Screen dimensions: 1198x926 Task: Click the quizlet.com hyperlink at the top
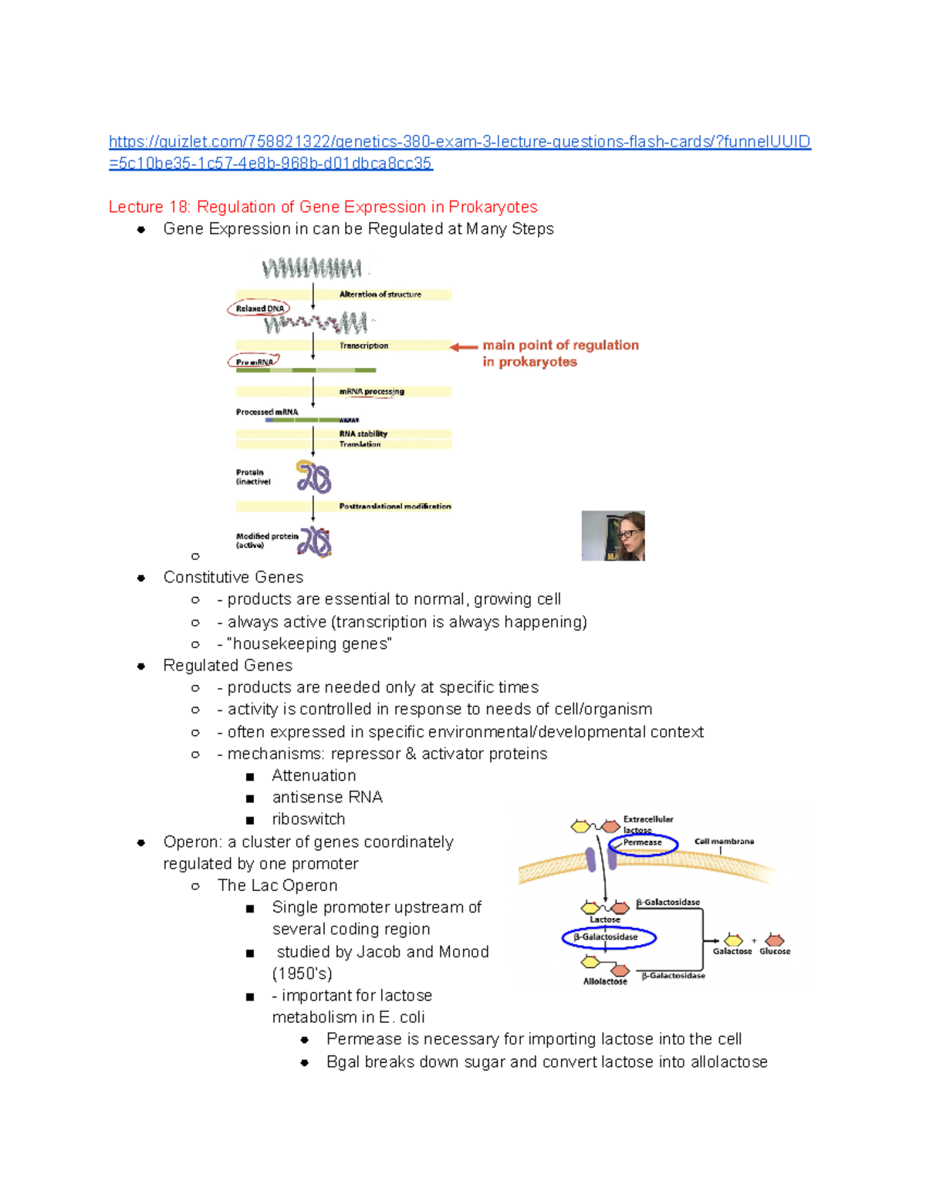pyautogui.click(x=459, y=142)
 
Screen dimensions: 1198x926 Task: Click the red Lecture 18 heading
pyautogui.click(x=323, y=207)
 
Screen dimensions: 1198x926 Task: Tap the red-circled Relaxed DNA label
pyautogui.click(x=259, y=309)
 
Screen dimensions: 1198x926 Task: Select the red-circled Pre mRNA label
pyautogui.click(x=254, y=362)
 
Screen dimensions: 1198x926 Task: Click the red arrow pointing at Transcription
pyautogui.click(x=464, y=347)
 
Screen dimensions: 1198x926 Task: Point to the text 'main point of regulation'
pyautogui.click(x=560, y=345)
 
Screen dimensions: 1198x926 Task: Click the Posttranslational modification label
pyautogui.click(x=394, y=506)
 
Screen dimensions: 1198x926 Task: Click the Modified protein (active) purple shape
pyautogui.click(x=315, y=542)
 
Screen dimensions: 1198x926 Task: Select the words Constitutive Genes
pyautogui.click(x=233, y=577)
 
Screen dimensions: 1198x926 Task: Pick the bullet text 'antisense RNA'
pyautogui.click(x=327, y=797)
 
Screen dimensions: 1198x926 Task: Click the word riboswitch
pyautogui.click(x=308, y=818)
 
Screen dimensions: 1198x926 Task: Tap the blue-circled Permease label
pyautogui.click(x=643, y=843)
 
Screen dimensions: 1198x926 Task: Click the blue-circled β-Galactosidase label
pyautogui.click(x=609, y=937)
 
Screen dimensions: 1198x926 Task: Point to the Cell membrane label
pyautogui.click(x=724, y=842)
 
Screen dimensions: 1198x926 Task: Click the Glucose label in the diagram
pyautogui.click(x=775, y=951)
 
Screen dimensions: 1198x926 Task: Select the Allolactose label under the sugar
pyautogui.click(x=605, y=981)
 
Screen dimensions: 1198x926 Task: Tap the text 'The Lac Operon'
pyautogui.click(x=277, y=885)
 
